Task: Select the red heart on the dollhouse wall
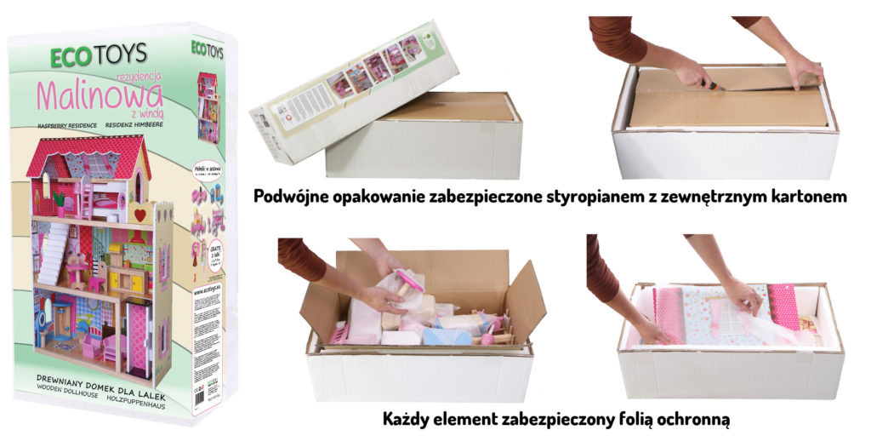(x=140, y=215)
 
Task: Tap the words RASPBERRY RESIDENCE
(x=66, y=125)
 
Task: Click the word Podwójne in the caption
(x=295, y=197)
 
